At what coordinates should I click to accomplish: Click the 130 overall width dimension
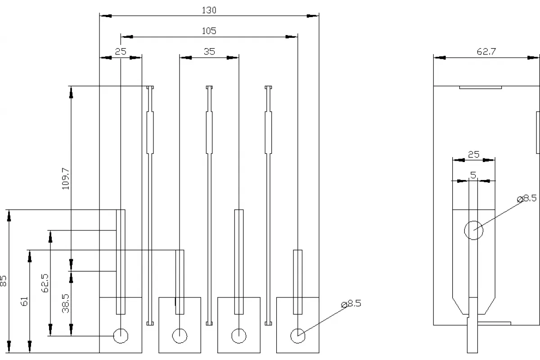(x=209, y=10)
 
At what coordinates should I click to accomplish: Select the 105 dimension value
(x=209, y=31)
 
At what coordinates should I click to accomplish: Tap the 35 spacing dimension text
(x=209, y=52)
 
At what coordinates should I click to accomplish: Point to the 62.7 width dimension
(x=486, y=52)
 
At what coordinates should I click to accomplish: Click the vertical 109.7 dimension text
(x=66, y=179)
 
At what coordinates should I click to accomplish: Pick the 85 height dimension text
(x=4, y=281)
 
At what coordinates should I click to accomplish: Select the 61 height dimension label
(x=24, y=301)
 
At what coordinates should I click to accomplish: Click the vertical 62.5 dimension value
(x=45, y=283)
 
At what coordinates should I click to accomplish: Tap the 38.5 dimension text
(x=66, y=304)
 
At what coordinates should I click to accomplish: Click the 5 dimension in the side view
(x=473, y=175)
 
